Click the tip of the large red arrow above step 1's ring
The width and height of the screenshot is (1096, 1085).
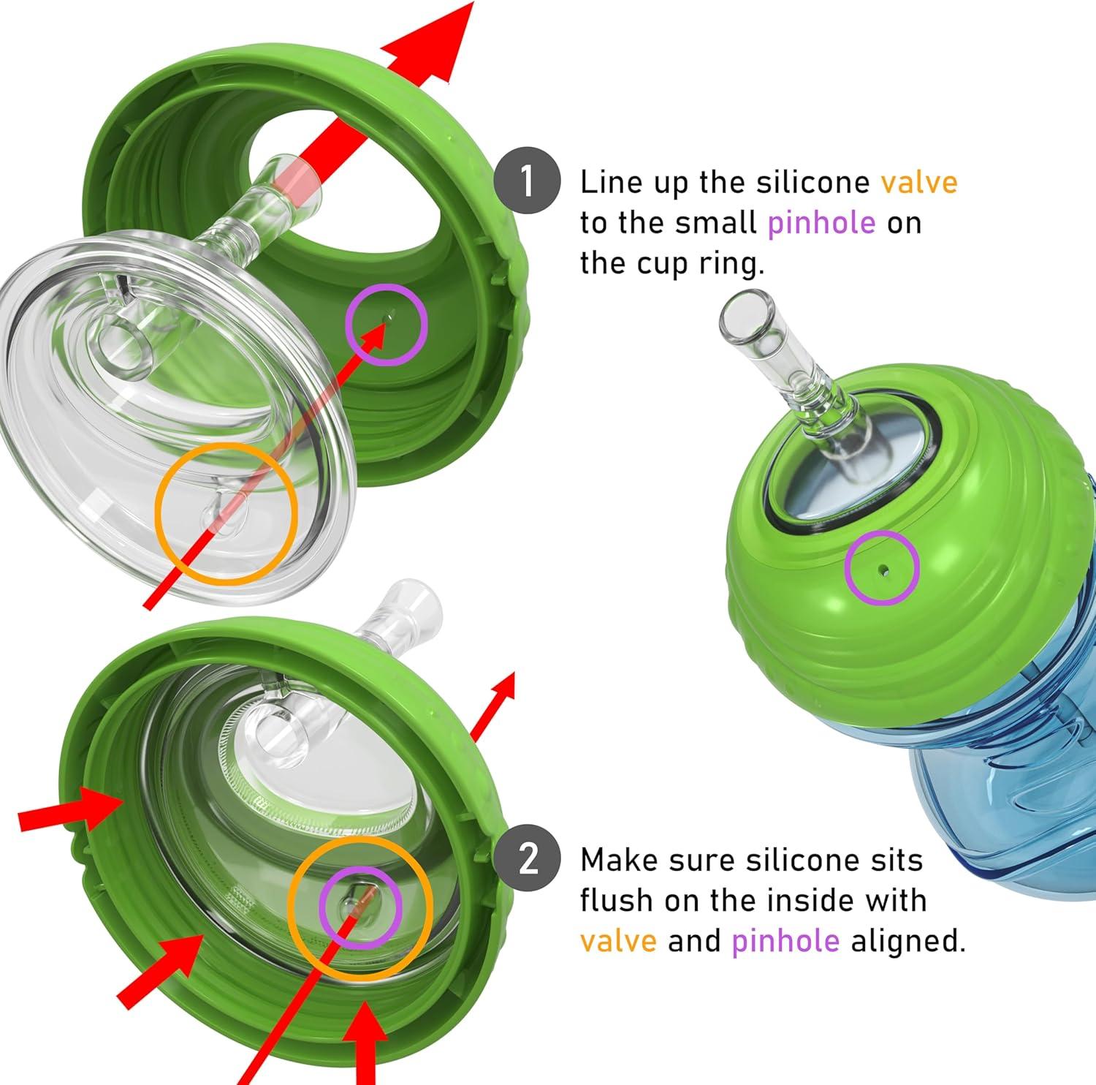(x=473, y=2)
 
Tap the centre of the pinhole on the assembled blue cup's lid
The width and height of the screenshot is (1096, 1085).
(x=883, y=568)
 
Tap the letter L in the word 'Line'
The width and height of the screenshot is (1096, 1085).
(x=587, y=182)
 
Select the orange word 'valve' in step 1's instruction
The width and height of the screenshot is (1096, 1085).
(x=918, y=182)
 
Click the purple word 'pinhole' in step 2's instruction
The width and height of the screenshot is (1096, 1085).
(x=785, y=940)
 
